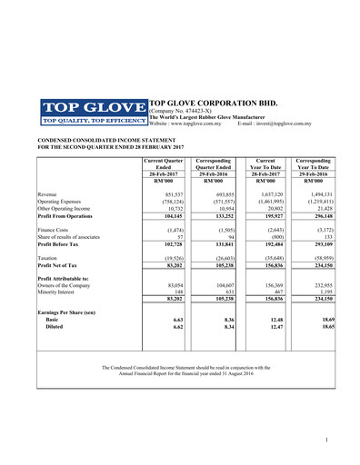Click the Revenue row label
pos(50,194)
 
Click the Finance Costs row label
pos(55,232)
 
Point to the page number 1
pos(325,440)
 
